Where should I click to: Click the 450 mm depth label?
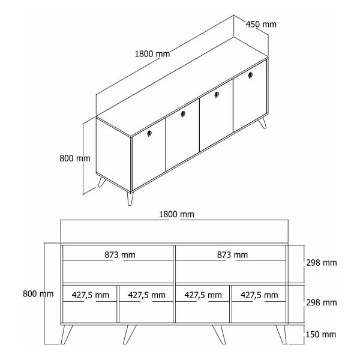click(261, 25)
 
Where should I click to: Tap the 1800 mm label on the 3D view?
click(152, 54)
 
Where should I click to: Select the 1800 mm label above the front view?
click(176, 214)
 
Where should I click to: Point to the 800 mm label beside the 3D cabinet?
click(75, 158)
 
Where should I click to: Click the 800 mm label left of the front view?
click(38, 294)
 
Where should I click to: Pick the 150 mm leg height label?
click(321, 335)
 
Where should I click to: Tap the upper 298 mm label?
click(322, 263)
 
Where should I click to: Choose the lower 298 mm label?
click(322, 303)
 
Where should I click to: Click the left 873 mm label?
click(120, 255)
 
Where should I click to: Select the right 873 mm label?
click(232, 255)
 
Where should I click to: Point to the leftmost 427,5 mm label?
click(91, 295)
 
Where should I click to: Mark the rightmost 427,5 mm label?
click(259, 295)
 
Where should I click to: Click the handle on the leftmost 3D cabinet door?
click(149, 133)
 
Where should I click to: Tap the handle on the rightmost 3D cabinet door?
click(250, 75)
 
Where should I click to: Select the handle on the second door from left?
click(183, 114)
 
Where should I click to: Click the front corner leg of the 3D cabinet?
click(130, 199)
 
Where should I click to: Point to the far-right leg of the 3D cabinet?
click(263, 123)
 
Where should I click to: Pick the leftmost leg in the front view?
click(67, 334)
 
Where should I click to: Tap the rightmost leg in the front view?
click(281, 334)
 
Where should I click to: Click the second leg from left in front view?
click(129, 334)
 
